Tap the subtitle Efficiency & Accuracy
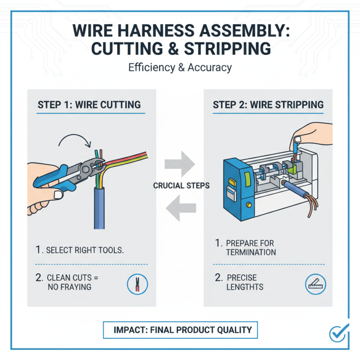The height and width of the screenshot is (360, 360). tap(180, 68)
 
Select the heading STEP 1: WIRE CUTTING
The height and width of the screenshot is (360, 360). tap(89, 105)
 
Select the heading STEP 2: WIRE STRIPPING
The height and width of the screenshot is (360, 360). tap(268, 105)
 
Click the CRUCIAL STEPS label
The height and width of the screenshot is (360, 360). tap(181, 185)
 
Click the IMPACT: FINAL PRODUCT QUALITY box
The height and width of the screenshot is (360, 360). tap(180, 330)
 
